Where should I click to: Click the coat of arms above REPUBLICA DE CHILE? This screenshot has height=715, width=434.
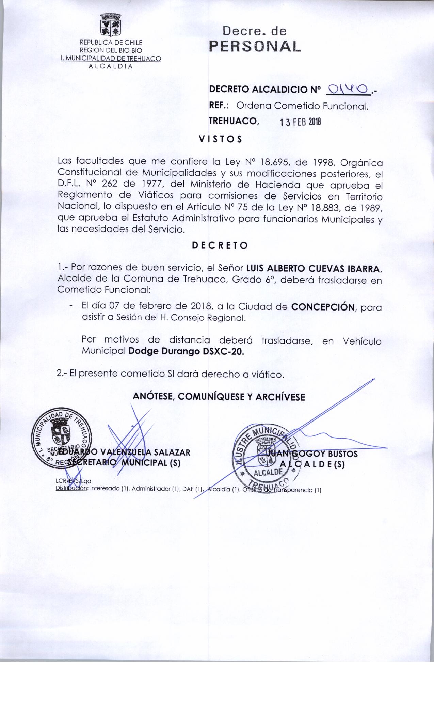(x=111, y=25)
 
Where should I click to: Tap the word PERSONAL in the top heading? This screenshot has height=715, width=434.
(x=255, y=46)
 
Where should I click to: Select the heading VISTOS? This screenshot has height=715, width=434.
(x=220, y=139)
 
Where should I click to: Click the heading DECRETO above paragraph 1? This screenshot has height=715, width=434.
(x=220, y=245)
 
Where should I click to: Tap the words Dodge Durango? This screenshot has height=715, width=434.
(x=164, y=352)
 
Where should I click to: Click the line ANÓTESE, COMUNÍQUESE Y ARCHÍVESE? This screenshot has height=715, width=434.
(x=219, y=397)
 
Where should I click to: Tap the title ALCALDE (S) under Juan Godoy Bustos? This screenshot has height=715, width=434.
(x=312, y=465)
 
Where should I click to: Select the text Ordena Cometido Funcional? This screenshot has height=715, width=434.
(x=303, y=106)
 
